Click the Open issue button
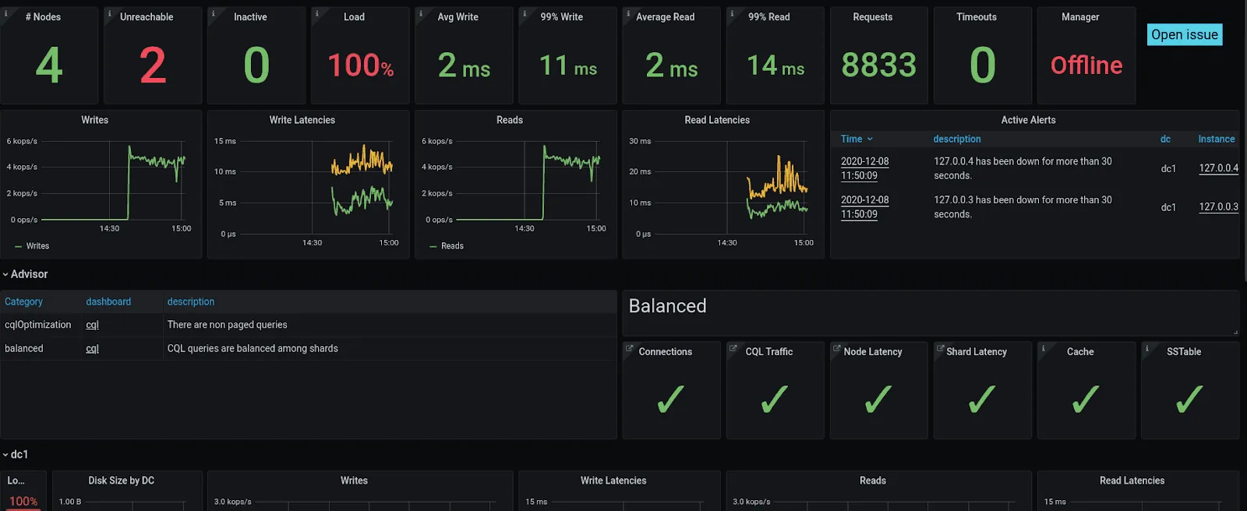[x=1184, y=34]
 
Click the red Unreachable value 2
[x=153, y=65]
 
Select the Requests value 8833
[x=878, y=65]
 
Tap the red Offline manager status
[x=1086, y=65]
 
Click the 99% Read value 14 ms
[x=775, y=65]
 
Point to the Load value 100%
[x=360, y=65]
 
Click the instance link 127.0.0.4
[x=1218, y=168]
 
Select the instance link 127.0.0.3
[x=1218, y=207]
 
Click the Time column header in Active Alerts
[x=851, y=139]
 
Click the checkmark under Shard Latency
[x=981, y=400]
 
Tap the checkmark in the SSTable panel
[x=1189, y=400]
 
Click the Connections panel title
[x=665, y=352]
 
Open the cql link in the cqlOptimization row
[x=92, y=325]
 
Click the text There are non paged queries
[x=227, y=325]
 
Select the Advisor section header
[x=29, y=274]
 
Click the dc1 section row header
[x=19, y=454]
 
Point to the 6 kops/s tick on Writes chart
[x=22, y=141]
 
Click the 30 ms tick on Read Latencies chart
[x=640, y=141]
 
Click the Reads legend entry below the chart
[x=451, y=246]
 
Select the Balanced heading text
[x=667, y=306]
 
